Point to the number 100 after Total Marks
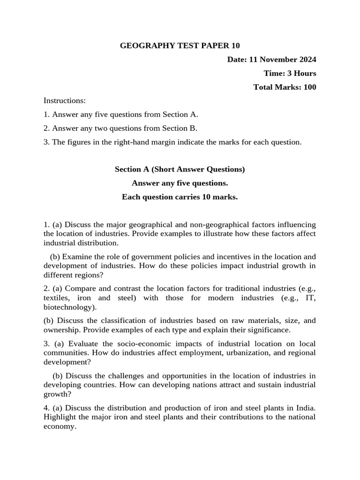[x=309, y=87]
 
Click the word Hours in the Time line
[x=305, y=73]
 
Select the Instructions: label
[x=65, y=101]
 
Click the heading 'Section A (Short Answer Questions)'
[x=180, y=169]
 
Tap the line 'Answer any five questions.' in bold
[x=180, y=183]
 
